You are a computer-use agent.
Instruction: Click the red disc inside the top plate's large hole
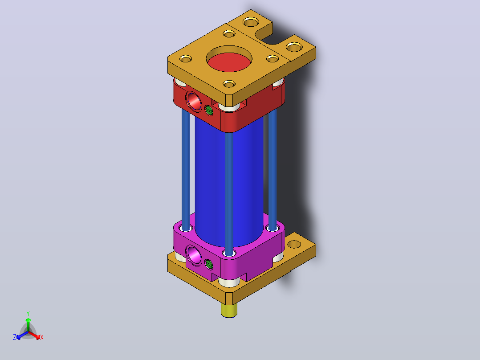(229, 62)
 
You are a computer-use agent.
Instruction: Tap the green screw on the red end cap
(209, 110)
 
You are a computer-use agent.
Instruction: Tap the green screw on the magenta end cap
(209, 264)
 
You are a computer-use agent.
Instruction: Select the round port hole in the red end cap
(194, 101)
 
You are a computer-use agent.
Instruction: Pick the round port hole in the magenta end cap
(194, 255)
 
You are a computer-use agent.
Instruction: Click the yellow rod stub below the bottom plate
(229, 311)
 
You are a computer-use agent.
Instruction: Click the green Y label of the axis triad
(28, 313)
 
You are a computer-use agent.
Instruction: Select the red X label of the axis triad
(42, 337)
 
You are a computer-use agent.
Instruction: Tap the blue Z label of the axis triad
(15, 337)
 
